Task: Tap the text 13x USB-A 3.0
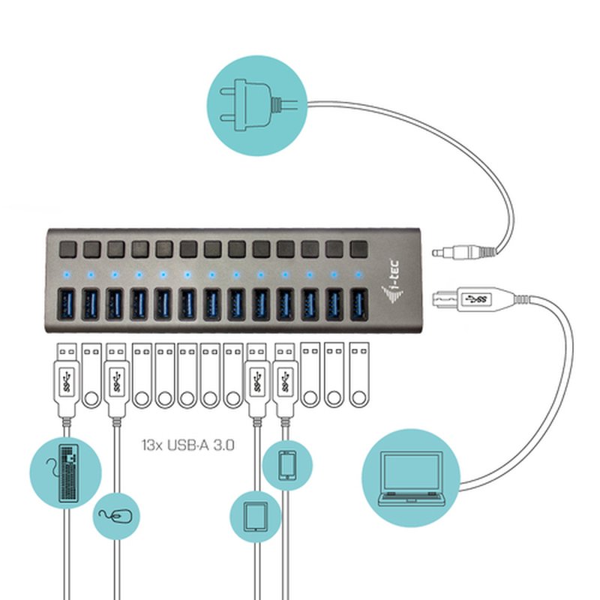(x=188, y=444)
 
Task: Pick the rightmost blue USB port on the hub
(x=357, y=304)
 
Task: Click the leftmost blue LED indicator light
(x=67, y=274)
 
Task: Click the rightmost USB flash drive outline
(x=358, y=375)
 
